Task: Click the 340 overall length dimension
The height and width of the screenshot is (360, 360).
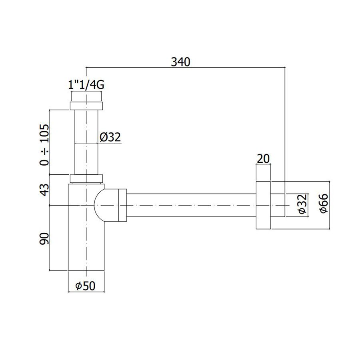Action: (180, 62)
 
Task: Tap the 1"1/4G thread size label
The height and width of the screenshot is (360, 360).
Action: (86, 85)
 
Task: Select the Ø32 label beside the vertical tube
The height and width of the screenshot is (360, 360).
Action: (110, 137)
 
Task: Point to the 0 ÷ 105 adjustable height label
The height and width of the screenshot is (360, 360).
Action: (44, 145)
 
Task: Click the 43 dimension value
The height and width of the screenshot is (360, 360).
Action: (44, 190)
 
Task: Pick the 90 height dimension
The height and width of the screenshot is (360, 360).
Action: (44, 239)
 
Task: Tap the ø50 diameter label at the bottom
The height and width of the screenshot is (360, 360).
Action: (85, 286)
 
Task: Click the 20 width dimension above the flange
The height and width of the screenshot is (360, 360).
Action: (263, 159)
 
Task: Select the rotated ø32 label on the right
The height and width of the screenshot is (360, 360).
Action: (303, 204)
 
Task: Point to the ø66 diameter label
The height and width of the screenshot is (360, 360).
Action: (324, 203)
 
